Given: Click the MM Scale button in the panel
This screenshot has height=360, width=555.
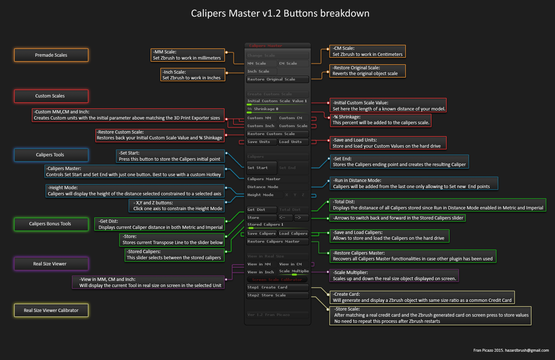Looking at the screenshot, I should (x=261, y=64).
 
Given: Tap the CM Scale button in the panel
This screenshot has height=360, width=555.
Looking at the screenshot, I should (x=293, y=64).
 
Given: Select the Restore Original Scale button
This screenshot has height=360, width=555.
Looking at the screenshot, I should (x=277, y=79).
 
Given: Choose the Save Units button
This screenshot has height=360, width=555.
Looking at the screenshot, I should (x=261, y=142).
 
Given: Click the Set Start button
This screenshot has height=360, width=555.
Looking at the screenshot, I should (x=261, y=168).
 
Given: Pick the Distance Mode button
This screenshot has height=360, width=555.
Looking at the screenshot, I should (x=277, y=187).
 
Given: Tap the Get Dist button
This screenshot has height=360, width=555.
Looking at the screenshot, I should (x=261, y=210).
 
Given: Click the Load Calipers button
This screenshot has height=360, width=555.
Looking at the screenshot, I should (x=293, y=234).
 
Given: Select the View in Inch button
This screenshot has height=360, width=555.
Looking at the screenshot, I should (x=261, y=272).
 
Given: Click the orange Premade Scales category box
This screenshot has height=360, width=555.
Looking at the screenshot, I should (x=51, y=55).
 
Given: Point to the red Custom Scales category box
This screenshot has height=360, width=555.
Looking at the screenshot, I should (x=51, y=96).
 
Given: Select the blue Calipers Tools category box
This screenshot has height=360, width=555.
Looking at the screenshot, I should (x=51, y=155).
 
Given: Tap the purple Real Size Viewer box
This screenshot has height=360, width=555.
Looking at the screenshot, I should (x=51, y=264).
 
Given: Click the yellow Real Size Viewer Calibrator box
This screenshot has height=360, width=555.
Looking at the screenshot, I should (x=51, y=311).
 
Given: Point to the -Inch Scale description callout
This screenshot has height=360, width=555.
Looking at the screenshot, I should (x=193, y=75).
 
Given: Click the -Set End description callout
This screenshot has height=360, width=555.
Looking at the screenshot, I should (x=399, y=162).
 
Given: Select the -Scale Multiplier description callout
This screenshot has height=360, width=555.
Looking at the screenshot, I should (x=394, y=276).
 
